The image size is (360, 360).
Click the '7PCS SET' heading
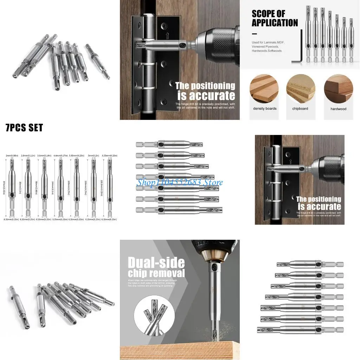[24, 128]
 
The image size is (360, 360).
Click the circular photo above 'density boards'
[264, 89]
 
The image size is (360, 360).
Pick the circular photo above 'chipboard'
[300, 89]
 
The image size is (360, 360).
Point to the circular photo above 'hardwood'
[338, 89]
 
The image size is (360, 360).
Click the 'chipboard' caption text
[300, 109]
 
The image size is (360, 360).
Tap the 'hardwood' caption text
[338, 109]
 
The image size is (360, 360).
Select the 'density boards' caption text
[265, 109]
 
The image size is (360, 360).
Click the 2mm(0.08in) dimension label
[12, 155]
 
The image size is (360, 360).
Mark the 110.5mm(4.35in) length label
[102, 188]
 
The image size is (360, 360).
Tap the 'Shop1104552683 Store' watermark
[180, 182]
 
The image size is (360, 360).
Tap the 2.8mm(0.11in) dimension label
[27, 155]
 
